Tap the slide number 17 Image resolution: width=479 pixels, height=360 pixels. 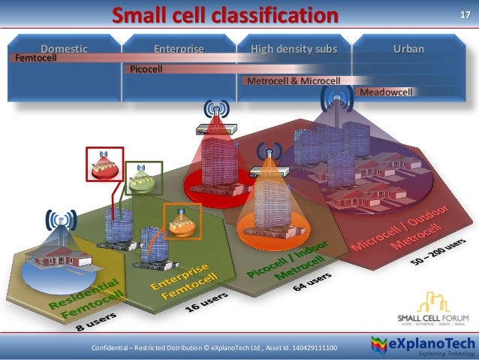click(463, 16)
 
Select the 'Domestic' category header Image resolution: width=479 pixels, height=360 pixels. click(64, 49)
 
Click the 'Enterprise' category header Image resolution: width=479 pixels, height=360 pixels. click(179, 49)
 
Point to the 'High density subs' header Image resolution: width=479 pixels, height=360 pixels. click(294, 49)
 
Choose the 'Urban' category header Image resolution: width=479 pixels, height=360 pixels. click(409, 49)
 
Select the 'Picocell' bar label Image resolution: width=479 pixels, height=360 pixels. click(146, 69)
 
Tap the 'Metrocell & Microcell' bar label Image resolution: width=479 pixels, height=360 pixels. click(294, 80)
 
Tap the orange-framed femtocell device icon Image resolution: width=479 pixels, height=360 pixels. click(182, 222)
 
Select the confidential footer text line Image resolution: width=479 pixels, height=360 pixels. click(214, 348)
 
